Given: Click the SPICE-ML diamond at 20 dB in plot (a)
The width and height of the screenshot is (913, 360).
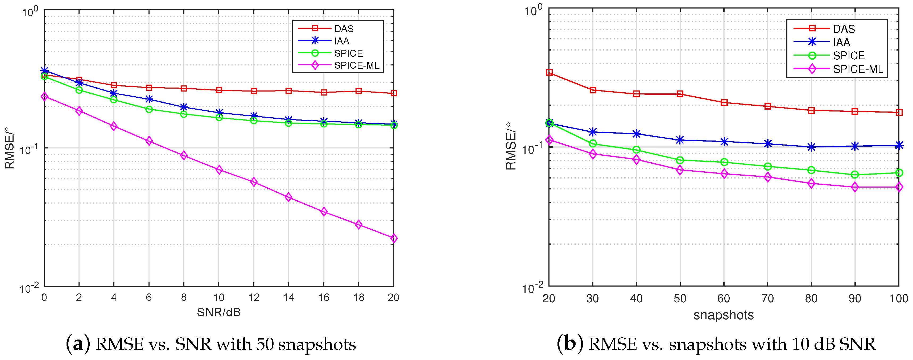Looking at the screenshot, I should click(393, 238).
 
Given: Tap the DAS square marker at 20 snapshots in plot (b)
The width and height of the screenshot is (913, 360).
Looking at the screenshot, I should click(549, 73).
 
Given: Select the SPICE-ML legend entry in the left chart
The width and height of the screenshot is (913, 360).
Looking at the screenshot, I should click(356, 65).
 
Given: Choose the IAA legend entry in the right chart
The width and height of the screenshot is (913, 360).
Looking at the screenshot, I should click(841, 42).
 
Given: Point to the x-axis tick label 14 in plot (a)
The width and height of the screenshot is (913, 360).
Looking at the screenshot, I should click(288, 298).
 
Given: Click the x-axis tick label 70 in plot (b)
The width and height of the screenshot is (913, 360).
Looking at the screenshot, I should click(768, 299).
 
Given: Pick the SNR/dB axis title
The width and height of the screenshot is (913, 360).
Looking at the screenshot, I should click(219, 313).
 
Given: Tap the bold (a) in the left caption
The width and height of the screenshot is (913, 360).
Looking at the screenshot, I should click(78, 344).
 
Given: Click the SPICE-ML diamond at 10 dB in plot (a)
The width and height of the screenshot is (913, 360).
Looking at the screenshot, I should click(219, 170).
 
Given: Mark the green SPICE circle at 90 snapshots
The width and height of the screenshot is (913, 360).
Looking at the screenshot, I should click(855, 175).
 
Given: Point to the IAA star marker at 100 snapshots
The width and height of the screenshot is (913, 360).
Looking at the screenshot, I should click(899, 145).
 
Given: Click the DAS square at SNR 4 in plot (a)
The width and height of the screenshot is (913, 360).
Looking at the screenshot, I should click(114, 85).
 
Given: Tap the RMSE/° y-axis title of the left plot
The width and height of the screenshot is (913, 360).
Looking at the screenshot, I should click(10, 148).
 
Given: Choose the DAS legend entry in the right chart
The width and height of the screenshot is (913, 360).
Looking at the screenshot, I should click(844, 29).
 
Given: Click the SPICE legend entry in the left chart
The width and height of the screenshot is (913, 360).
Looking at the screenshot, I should click(348, 53).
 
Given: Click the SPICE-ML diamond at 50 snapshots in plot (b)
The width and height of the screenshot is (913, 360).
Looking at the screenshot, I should click(680, 170).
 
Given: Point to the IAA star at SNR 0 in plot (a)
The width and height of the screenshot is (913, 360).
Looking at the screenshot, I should click(44, 71).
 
